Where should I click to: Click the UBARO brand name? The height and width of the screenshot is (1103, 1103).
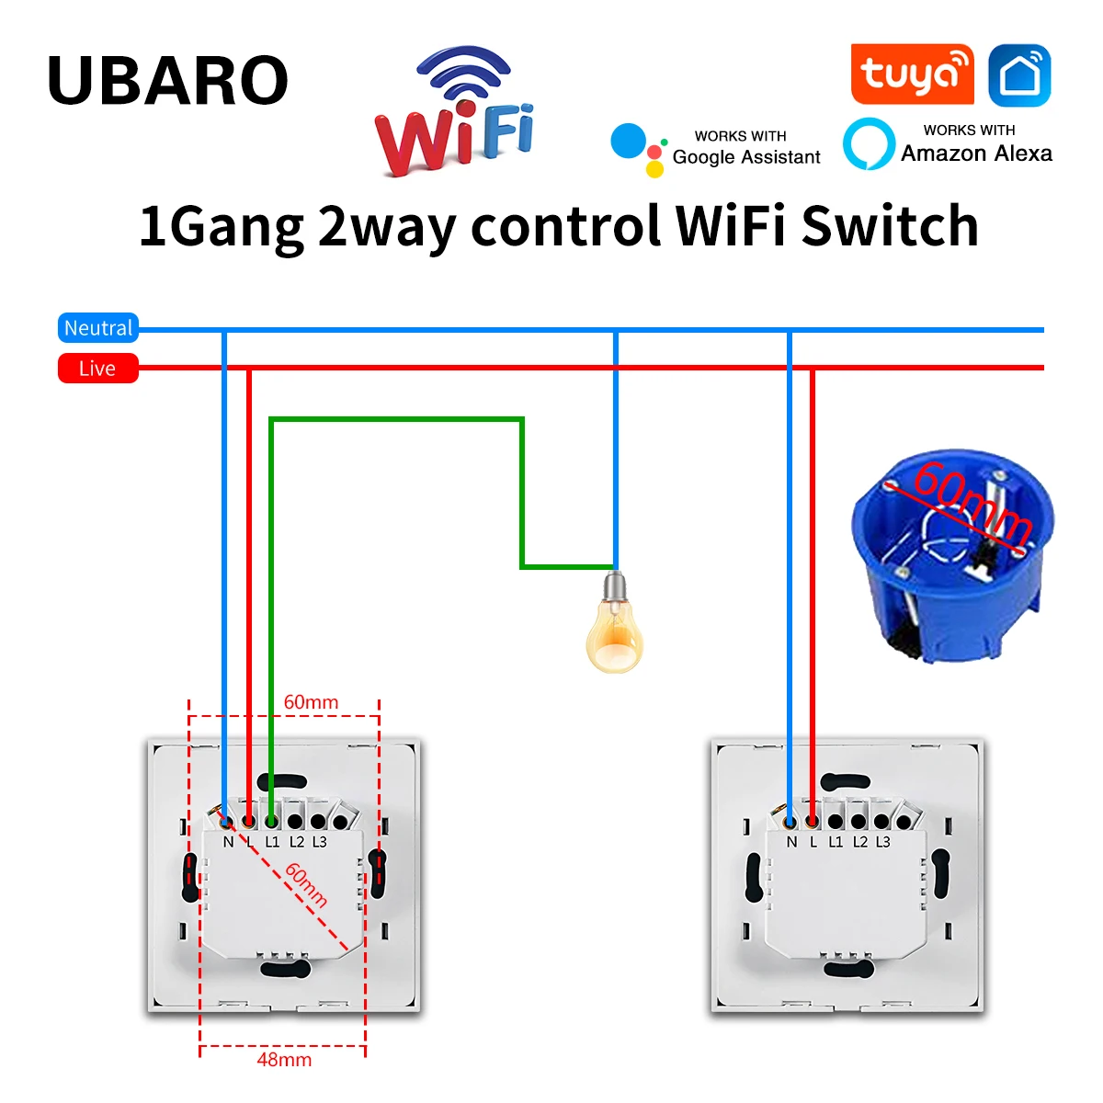[x=167, y=81]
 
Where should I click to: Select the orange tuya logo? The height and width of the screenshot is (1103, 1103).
[x=912, y=74]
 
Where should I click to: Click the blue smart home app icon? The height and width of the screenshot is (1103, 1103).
[x=1019, y=75]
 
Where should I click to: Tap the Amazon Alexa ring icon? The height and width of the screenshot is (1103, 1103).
[x=869, y=144]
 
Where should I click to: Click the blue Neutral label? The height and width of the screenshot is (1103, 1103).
[x=98, y=328]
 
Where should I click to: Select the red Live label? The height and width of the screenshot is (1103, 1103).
[x=97, y=369]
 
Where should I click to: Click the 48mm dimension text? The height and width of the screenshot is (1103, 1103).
[x=284, y=1060]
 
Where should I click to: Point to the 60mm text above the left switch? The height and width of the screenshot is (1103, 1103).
[x=311, y=702]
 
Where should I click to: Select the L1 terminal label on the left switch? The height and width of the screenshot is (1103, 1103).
[x=272, y=842]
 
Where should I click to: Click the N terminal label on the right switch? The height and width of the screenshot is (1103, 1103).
[x=791, y=842]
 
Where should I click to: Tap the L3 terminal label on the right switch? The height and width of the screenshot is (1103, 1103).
[x=882, y=842]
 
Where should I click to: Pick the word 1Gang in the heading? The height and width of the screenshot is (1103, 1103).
[x=221, y=228]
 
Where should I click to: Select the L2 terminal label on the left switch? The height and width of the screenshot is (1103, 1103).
[x=296, y=842]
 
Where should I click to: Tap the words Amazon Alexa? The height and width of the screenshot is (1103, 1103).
[x=976, y=154]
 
